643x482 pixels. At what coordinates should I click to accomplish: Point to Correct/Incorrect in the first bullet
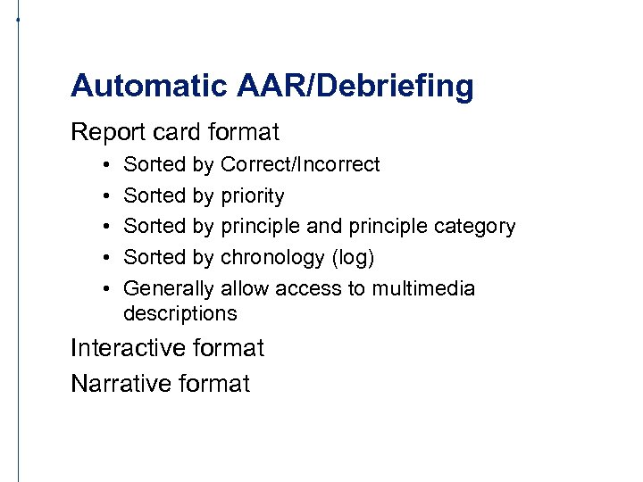[x=299, y=164]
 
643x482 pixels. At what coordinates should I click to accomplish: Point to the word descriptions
[x=180, y=313]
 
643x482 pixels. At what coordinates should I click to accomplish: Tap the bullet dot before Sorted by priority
[x=105, y=196]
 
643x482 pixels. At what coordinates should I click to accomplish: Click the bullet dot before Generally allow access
[x=105, y=289]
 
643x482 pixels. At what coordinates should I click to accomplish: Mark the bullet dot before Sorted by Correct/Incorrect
[x=105, y=165]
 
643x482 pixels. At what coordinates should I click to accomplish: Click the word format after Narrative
[x=214, y=384]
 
